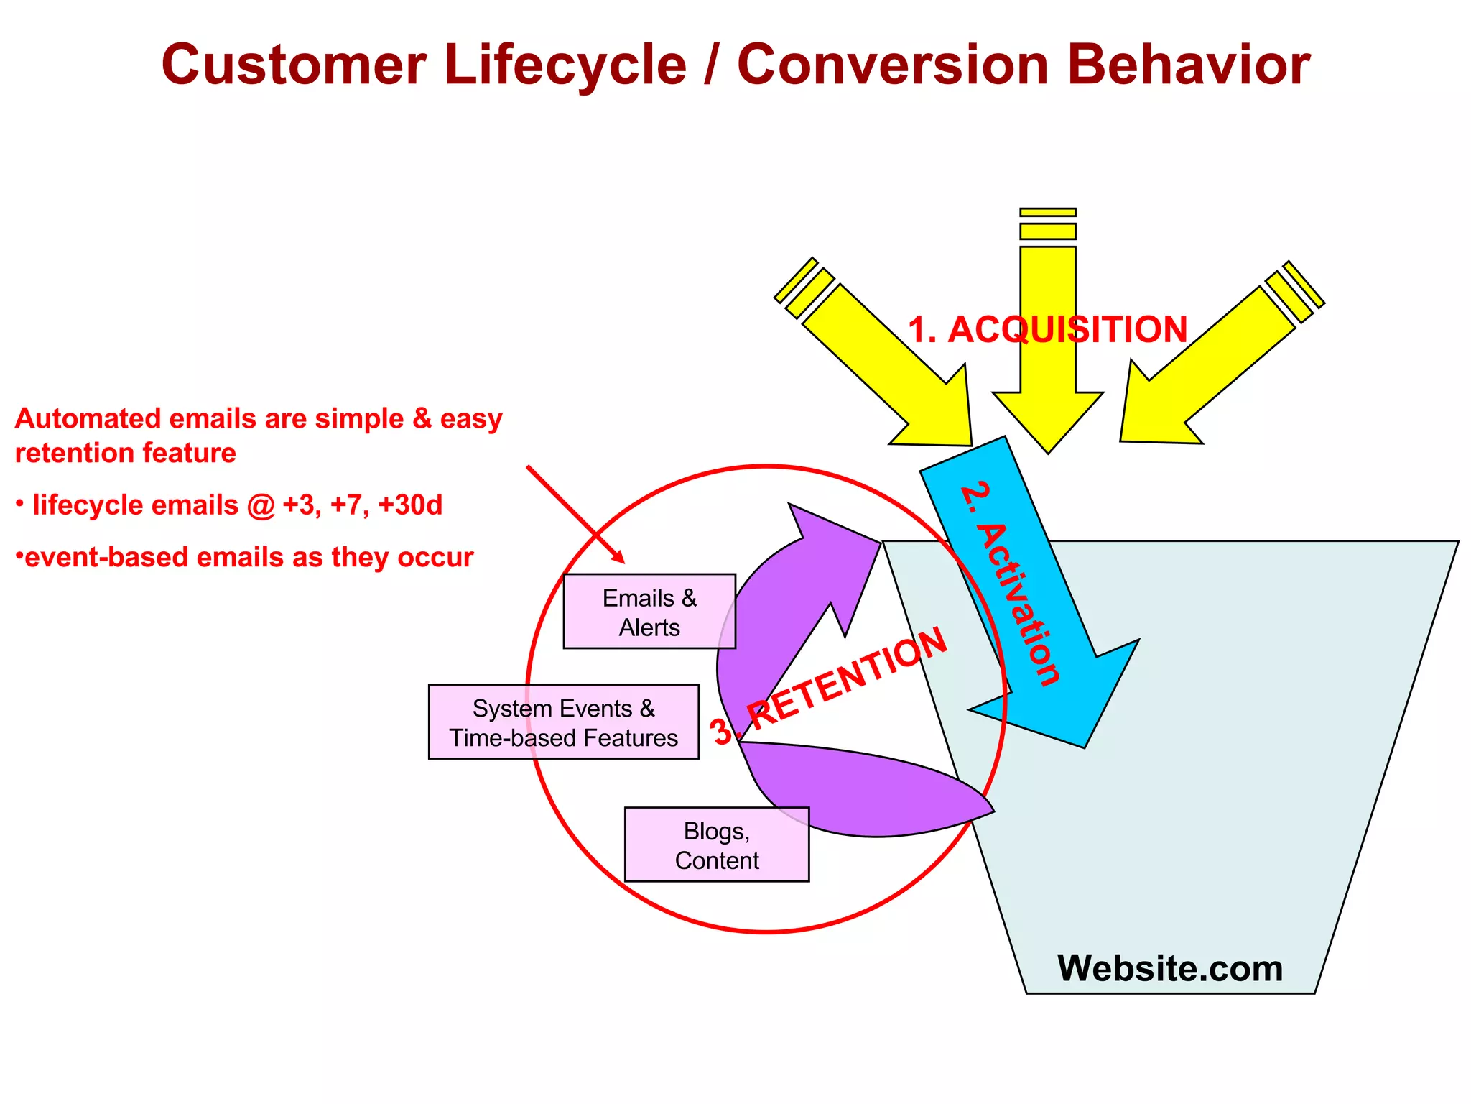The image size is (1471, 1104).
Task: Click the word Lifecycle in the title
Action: click(565, 65)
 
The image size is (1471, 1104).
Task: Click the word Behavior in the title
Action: click(1188, 65)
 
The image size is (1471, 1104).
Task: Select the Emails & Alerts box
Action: click(649, 612)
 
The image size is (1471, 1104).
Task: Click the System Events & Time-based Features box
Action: click(563, 722)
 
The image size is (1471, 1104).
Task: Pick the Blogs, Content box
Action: click(716, 845)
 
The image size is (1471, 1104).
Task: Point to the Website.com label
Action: click(1169, 968)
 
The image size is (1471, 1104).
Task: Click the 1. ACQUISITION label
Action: click(1047, 330)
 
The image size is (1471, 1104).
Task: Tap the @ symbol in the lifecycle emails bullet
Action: click(261, 505)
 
